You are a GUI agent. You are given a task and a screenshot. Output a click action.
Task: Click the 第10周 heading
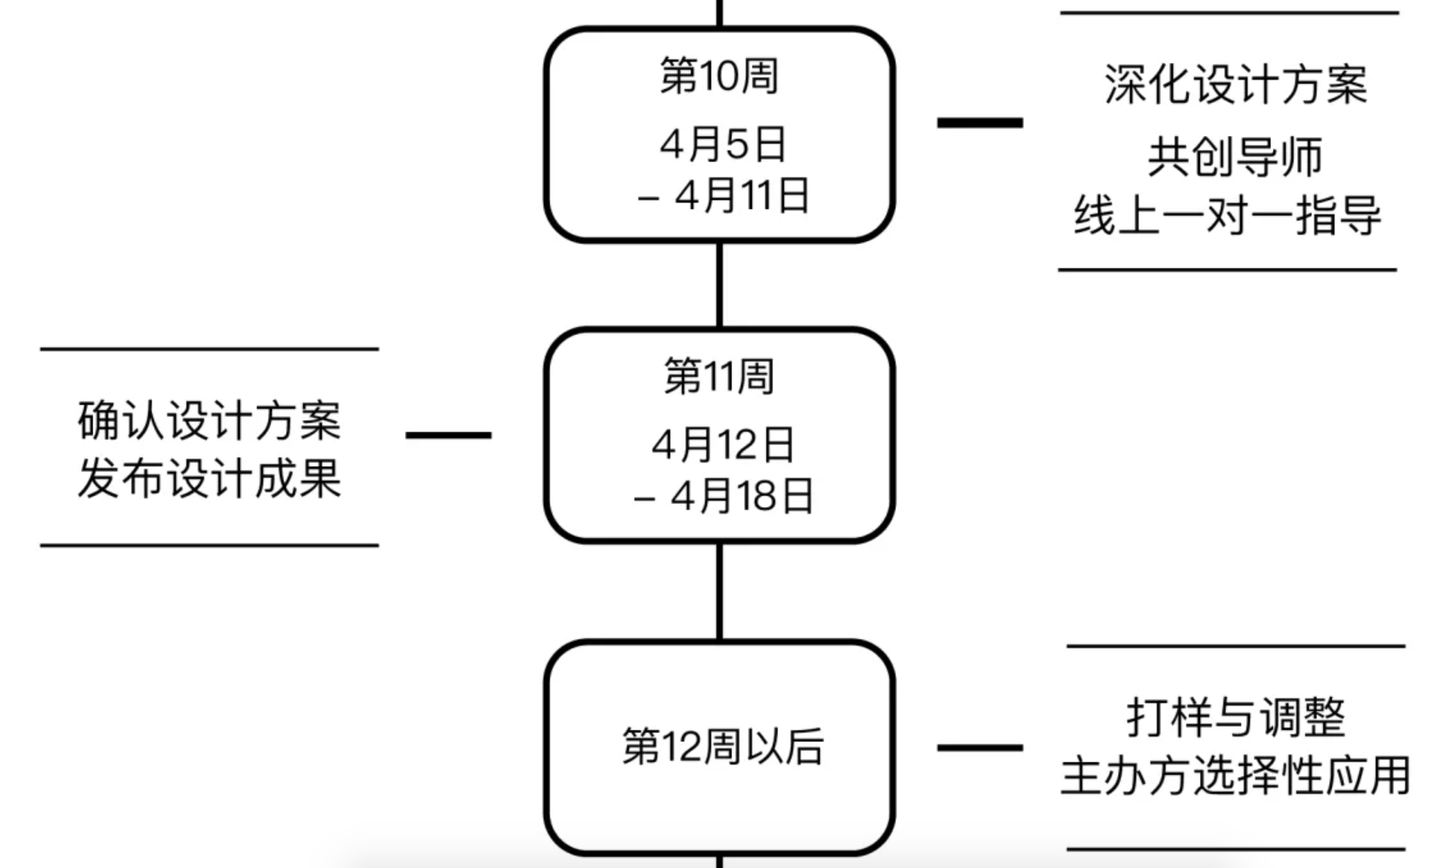(x=719, y=76)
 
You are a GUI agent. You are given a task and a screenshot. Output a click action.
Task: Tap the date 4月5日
(x=723, y=145)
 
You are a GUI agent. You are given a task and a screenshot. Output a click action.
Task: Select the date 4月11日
(x=741, y=195)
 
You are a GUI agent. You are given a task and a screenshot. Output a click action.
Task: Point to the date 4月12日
(x=723, y=444)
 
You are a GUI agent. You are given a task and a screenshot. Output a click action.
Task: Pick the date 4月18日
(x=741, y=496)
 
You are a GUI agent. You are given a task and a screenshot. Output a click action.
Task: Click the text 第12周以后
(x=723, y=747)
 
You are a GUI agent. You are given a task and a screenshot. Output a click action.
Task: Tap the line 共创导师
(x=1235, y=157)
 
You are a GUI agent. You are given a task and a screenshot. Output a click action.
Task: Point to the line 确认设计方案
(x=209, y=421)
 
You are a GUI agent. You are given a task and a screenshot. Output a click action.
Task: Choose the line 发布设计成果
(x=209, y=478)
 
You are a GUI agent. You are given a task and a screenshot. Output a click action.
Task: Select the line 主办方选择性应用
(x=1236, y=776)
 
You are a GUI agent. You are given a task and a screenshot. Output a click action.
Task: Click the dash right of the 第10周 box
(x=980, y=123)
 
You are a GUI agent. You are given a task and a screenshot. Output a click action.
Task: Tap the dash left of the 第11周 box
(x=449, y=435)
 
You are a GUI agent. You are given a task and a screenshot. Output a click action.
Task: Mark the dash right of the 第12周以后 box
(x=980, y=747)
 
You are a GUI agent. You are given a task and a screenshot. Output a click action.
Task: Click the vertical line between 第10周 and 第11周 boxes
(x=719, y=285)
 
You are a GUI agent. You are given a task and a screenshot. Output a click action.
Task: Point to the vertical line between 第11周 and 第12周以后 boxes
(x=719, y=592)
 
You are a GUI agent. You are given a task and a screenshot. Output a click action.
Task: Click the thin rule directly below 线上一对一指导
(x=1227, y=270)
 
